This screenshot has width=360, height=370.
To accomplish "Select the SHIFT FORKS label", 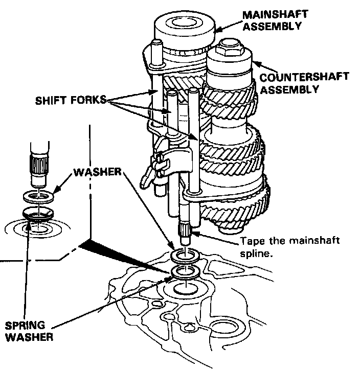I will click(x=70, y=101).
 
